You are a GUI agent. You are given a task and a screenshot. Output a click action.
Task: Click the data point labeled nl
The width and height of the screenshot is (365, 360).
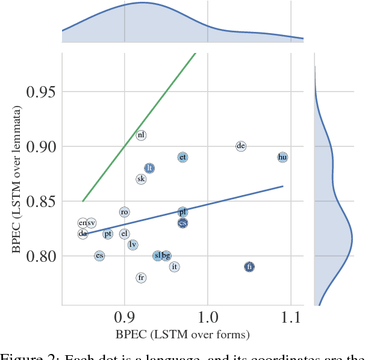[x=141, y=135]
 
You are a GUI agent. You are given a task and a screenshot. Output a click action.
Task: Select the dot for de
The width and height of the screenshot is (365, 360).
[x=241, y=146]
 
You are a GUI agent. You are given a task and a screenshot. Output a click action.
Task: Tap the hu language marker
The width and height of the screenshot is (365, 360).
[x=282, y=157]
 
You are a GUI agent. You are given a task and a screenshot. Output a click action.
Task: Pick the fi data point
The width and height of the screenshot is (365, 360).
[x=249, y=267]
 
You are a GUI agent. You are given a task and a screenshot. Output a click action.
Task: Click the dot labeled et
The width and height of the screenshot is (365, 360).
[x=182, y=157]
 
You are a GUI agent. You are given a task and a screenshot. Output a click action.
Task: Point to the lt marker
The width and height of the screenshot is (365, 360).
[x=149, y=168]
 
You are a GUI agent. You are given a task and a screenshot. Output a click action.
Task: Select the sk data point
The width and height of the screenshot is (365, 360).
[x=141, y=179]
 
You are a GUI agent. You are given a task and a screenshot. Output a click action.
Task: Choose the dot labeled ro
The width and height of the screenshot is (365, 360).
[x=124, y=212]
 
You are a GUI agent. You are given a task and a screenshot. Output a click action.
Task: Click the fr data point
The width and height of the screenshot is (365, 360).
[x=141, y=278]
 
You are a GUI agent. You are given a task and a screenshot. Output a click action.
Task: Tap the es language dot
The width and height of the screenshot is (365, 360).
[x=99, y=256]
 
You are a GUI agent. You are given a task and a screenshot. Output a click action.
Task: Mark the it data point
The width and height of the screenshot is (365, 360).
[x=175, y=267]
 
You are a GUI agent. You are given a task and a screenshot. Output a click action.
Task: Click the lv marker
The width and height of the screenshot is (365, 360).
[x=133, y=244]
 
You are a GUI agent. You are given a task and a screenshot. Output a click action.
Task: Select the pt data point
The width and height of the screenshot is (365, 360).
[x=108, y=234]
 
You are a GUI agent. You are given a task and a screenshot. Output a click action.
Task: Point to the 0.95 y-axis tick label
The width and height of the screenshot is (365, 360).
[x=38, y=92]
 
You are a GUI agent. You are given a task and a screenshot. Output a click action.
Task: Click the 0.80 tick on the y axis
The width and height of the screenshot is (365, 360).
[x=38, y=256]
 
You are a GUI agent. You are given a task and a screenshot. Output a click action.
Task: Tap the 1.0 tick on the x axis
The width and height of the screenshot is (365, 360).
[x=208, y=316]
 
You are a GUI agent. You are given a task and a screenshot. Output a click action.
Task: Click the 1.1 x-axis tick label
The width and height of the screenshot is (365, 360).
[x=291, y=316]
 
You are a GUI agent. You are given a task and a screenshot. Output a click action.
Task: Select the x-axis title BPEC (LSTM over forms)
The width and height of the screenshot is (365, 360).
[x=182, y=335]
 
